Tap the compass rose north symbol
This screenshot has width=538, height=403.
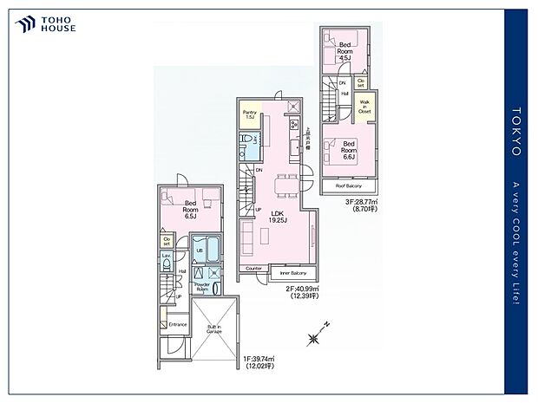coord(313,335)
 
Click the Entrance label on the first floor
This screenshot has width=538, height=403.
coord(178,324)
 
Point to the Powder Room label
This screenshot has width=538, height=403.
coord(203,286)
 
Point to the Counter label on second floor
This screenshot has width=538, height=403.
coord(253,269)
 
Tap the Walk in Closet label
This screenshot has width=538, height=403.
coord(365,108)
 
